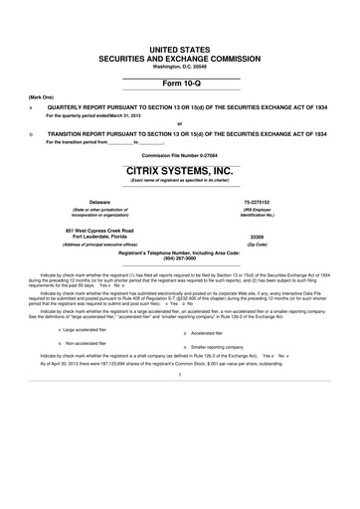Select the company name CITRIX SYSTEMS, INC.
coord(180,170)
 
